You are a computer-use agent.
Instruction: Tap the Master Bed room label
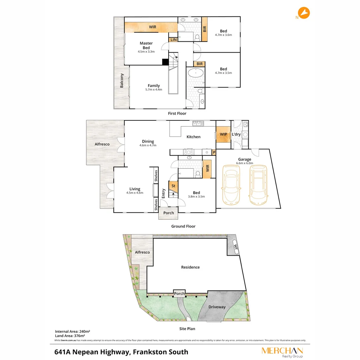pos(146,45)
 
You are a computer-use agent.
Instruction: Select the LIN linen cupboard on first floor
pos(173,40)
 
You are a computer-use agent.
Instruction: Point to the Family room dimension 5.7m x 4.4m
pos(154,89)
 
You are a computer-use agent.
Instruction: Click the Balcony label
pos(122,81)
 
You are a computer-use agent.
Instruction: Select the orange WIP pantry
pos(223,134)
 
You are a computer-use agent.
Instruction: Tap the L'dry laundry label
pos(236,134)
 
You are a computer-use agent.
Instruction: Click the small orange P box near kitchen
pos(214,152)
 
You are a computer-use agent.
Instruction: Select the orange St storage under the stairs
pos(173,186)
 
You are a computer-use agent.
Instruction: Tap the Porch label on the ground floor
pos(168,213)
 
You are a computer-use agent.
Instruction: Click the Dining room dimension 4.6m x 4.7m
pos(148,145)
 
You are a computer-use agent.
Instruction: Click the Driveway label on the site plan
pos(217,307)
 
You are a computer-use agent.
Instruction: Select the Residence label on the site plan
pos(190,267)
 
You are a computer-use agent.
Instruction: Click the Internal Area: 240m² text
pos(73,331)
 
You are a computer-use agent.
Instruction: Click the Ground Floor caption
pos(183,226)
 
